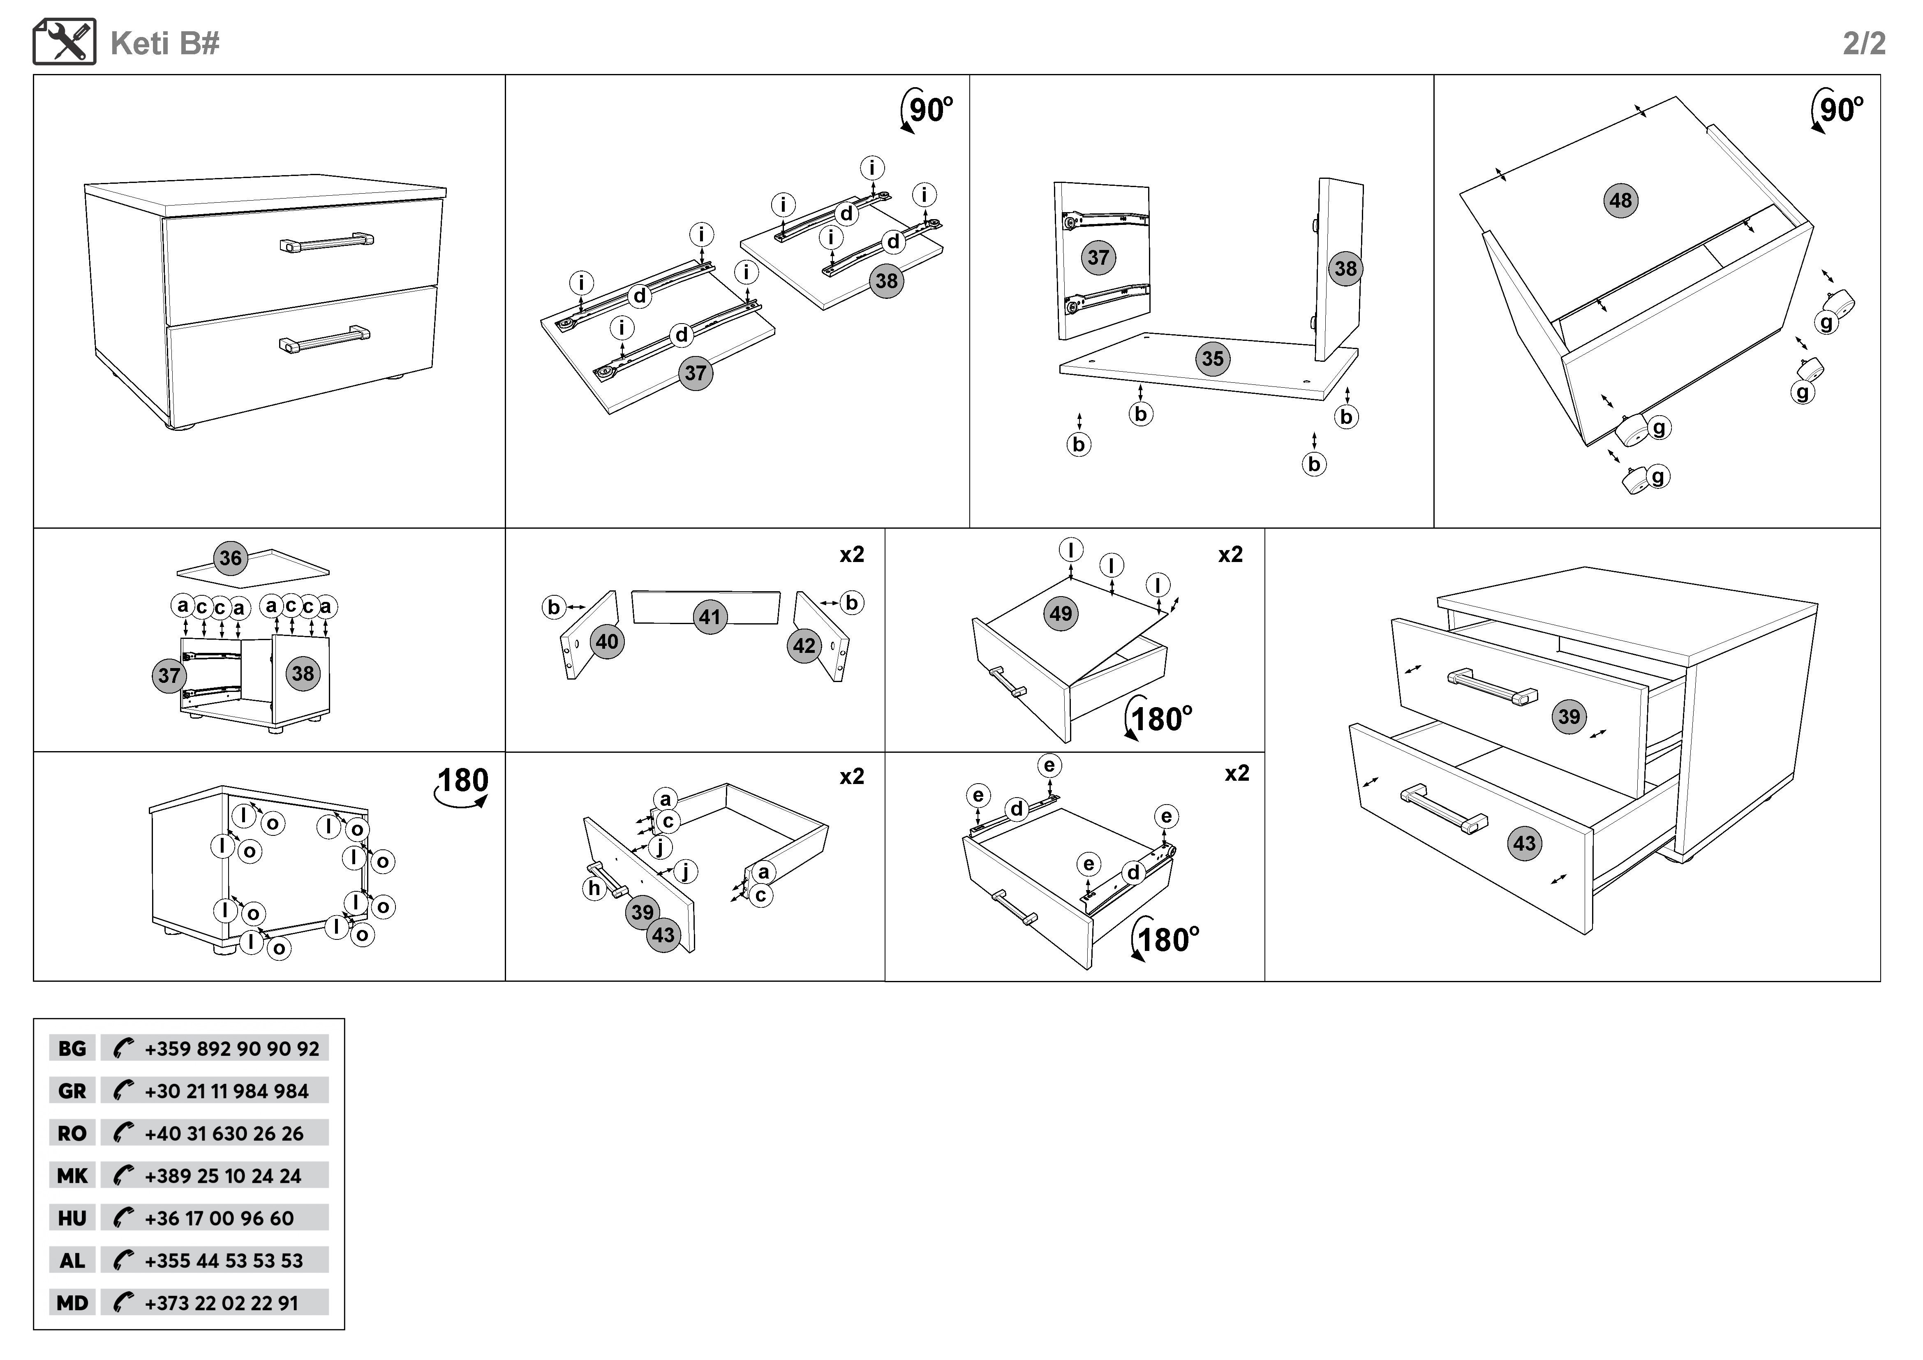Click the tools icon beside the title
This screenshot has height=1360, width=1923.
(x=65, y=42)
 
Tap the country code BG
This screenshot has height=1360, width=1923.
(x=72, y=1048)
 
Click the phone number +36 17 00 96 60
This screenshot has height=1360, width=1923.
(x=220, y=1219)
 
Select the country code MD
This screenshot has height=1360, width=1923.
(x=72, y=1303)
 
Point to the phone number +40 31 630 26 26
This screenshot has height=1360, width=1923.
(x=224, y=1134)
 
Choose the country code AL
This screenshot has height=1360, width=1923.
(x=72, y=1261)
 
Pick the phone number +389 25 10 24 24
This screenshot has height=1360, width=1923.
(x=223, y=1176)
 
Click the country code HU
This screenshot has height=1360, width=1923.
(x=72, y=1219)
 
